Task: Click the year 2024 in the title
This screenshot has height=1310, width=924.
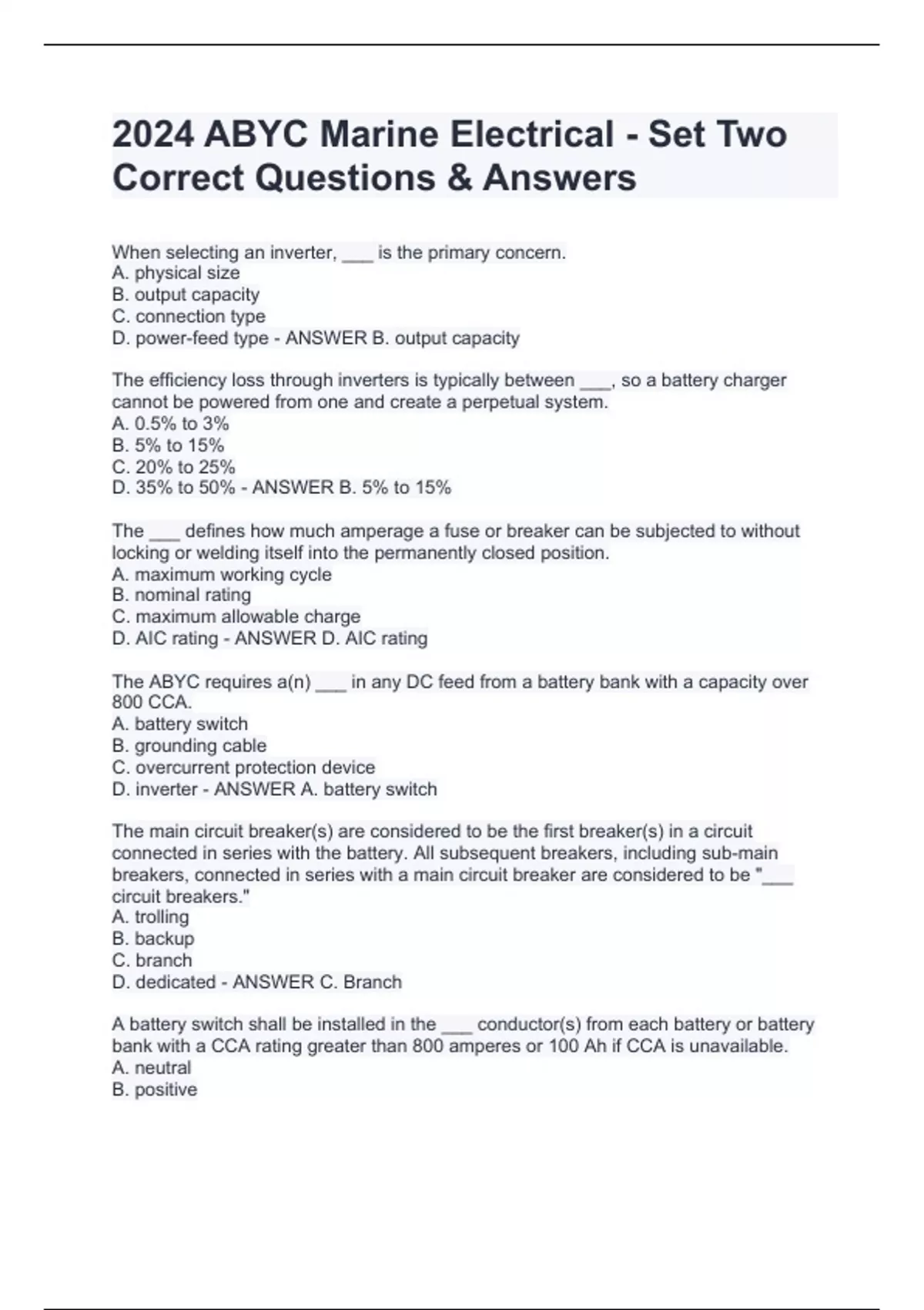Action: click(x=152, y=135)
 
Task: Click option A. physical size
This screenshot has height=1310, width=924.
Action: click(x=176, y=273)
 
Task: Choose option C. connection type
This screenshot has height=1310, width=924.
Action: click(x=189, y=316)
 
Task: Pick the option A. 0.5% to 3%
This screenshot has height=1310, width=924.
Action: click(x=170, y=423)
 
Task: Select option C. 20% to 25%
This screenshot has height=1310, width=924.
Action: click(x=173, y=467)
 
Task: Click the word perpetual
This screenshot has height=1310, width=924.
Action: click(x=494, y=402)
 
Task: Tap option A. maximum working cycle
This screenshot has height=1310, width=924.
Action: click(x=222, y=574)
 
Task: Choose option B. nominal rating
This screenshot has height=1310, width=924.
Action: click(x=181, y=595)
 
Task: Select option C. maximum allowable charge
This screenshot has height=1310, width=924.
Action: click(x=236, y=616)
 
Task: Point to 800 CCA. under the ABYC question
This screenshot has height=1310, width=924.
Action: click(x=152, y=702)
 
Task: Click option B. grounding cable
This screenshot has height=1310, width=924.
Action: click(x=189, y=745)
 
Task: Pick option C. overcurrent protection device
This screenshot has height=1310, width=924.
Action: click(x=243, y=768)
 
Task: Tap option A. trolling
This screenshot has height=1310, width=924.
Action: click(x=150, y=917)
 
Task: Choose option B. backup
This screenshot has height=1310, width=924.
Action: click(x=152, y=939)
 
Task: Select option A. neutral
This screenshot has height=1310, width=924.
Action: click(x=151, y=1067)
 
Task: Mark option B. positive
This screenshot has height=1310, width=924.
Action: click(x=154, y=1090)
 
